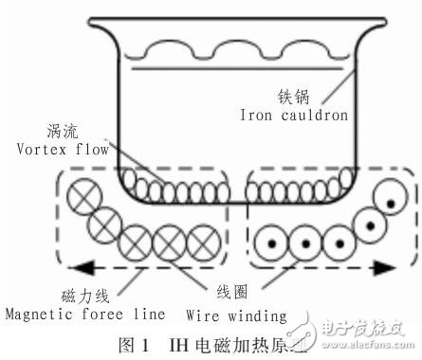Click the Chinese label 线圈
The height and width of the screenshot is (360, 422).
[x=270, y=294]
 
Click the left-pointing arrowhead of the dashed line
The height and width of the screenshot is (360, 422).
[x=50, y=269]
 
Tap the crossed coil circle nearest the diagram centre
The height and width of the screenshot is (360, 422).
[x=201, y=236]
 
